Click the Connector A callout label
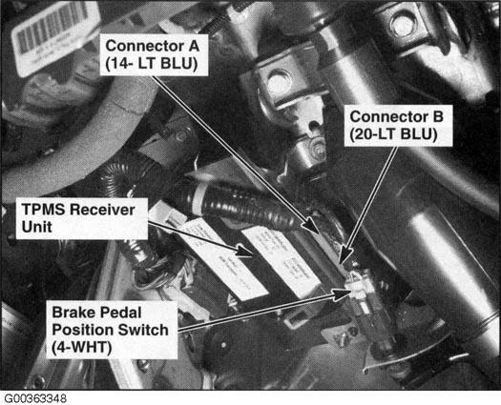(154, 55)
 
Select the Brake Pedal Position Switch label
(112, 330)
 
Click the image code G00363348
(35, 398)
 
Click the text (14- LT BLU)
(152, 64)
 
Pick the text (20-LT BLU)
(393, 134)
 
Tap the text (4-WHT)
(82, 348)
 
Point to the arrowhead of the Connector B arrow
(344, 254)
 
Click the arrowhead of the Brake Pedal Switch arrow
(343, 294)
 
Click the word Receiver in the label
(102, 210)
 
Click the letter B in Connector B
(437, 116)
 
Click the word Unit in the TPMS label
(36, 227)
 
